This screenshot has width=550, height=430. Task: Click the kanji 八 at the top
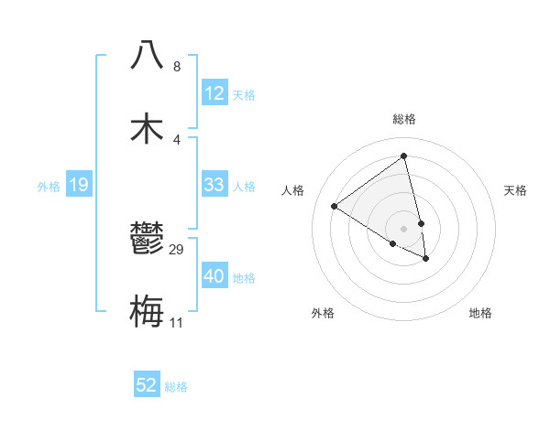pos(148,54)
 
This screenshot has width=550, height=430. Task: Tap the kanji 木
pos(148,127)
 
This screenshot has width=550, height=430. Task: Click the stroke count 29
pos(177,249)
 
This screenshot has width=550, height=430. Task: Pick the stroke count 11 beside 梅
pos(177,322)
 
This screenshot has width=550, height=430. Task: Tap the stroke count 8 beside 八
pos(177,66)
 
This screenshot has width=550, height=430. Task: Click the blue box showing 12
pos(214,93)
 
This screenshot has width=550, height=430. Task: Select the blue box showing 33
pos(214,185)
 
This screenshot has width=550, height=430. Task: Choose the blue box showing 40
pos(214,276)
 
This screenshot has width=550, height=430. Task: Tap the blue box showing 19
pos(78,186)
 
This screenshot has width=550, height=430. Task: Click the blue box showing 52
pos(147,385)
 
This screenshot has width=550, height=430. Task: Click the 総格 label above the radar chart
pos(404,119)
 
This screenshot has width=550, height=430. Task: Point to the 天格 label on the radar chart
pos(515,190)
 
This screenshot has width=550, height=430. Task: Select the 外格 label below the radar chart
pos(323,313)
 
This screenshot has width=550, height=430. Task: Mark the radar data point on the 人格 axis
pos(335,206)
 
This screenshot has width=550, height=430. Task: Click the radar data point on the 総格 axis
pos(404,156)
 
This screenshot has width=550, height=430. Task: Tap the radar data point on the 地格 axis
pos(426,259)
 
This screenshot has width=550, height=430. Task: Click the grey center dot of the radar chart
pos(404,228)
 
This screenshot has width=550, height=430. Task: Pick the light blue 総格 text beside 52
pos(176,387)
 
